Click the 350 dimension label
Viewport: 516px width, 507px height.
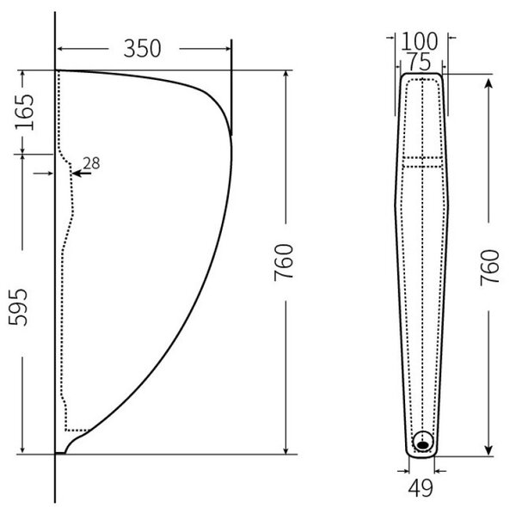[142, 49]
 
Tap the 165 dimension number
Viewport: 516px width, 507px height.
[25, 112]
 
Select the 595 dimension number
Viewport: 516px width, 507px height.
[18, 307]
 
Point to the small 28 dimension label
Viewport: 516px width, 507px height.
[91, 163]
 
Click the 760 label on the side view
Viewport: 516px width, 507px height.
[283, 262]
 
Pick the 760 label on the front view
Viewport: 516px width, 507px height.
[489, 267]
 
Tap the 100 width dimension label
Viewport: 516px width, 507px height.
[420, 41]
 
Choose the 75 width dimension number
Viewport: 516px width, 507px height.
[420, 62]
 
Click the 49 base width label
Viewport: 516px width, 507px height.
[421, 488]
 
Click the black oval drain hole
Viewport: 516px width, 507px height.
[423, 445]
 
